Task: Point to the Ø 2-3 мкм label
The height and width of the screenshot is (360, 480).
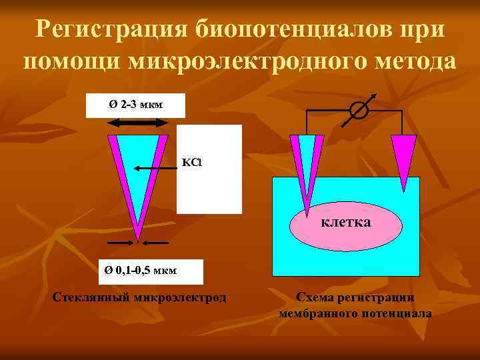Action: click(x=135, y=105)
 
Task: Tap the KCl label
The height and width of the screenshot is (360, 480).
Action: click(x=190, y=163)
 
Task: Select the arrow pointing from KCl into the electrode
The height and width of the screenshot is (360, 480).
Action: click(x=156, y=168)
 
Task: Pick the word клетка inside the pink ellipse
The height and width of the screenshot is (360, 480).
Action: click(x=345, y=222)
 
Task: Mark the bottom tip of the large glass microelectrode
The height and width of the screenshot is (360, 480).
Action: click(x=138, y=238)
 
